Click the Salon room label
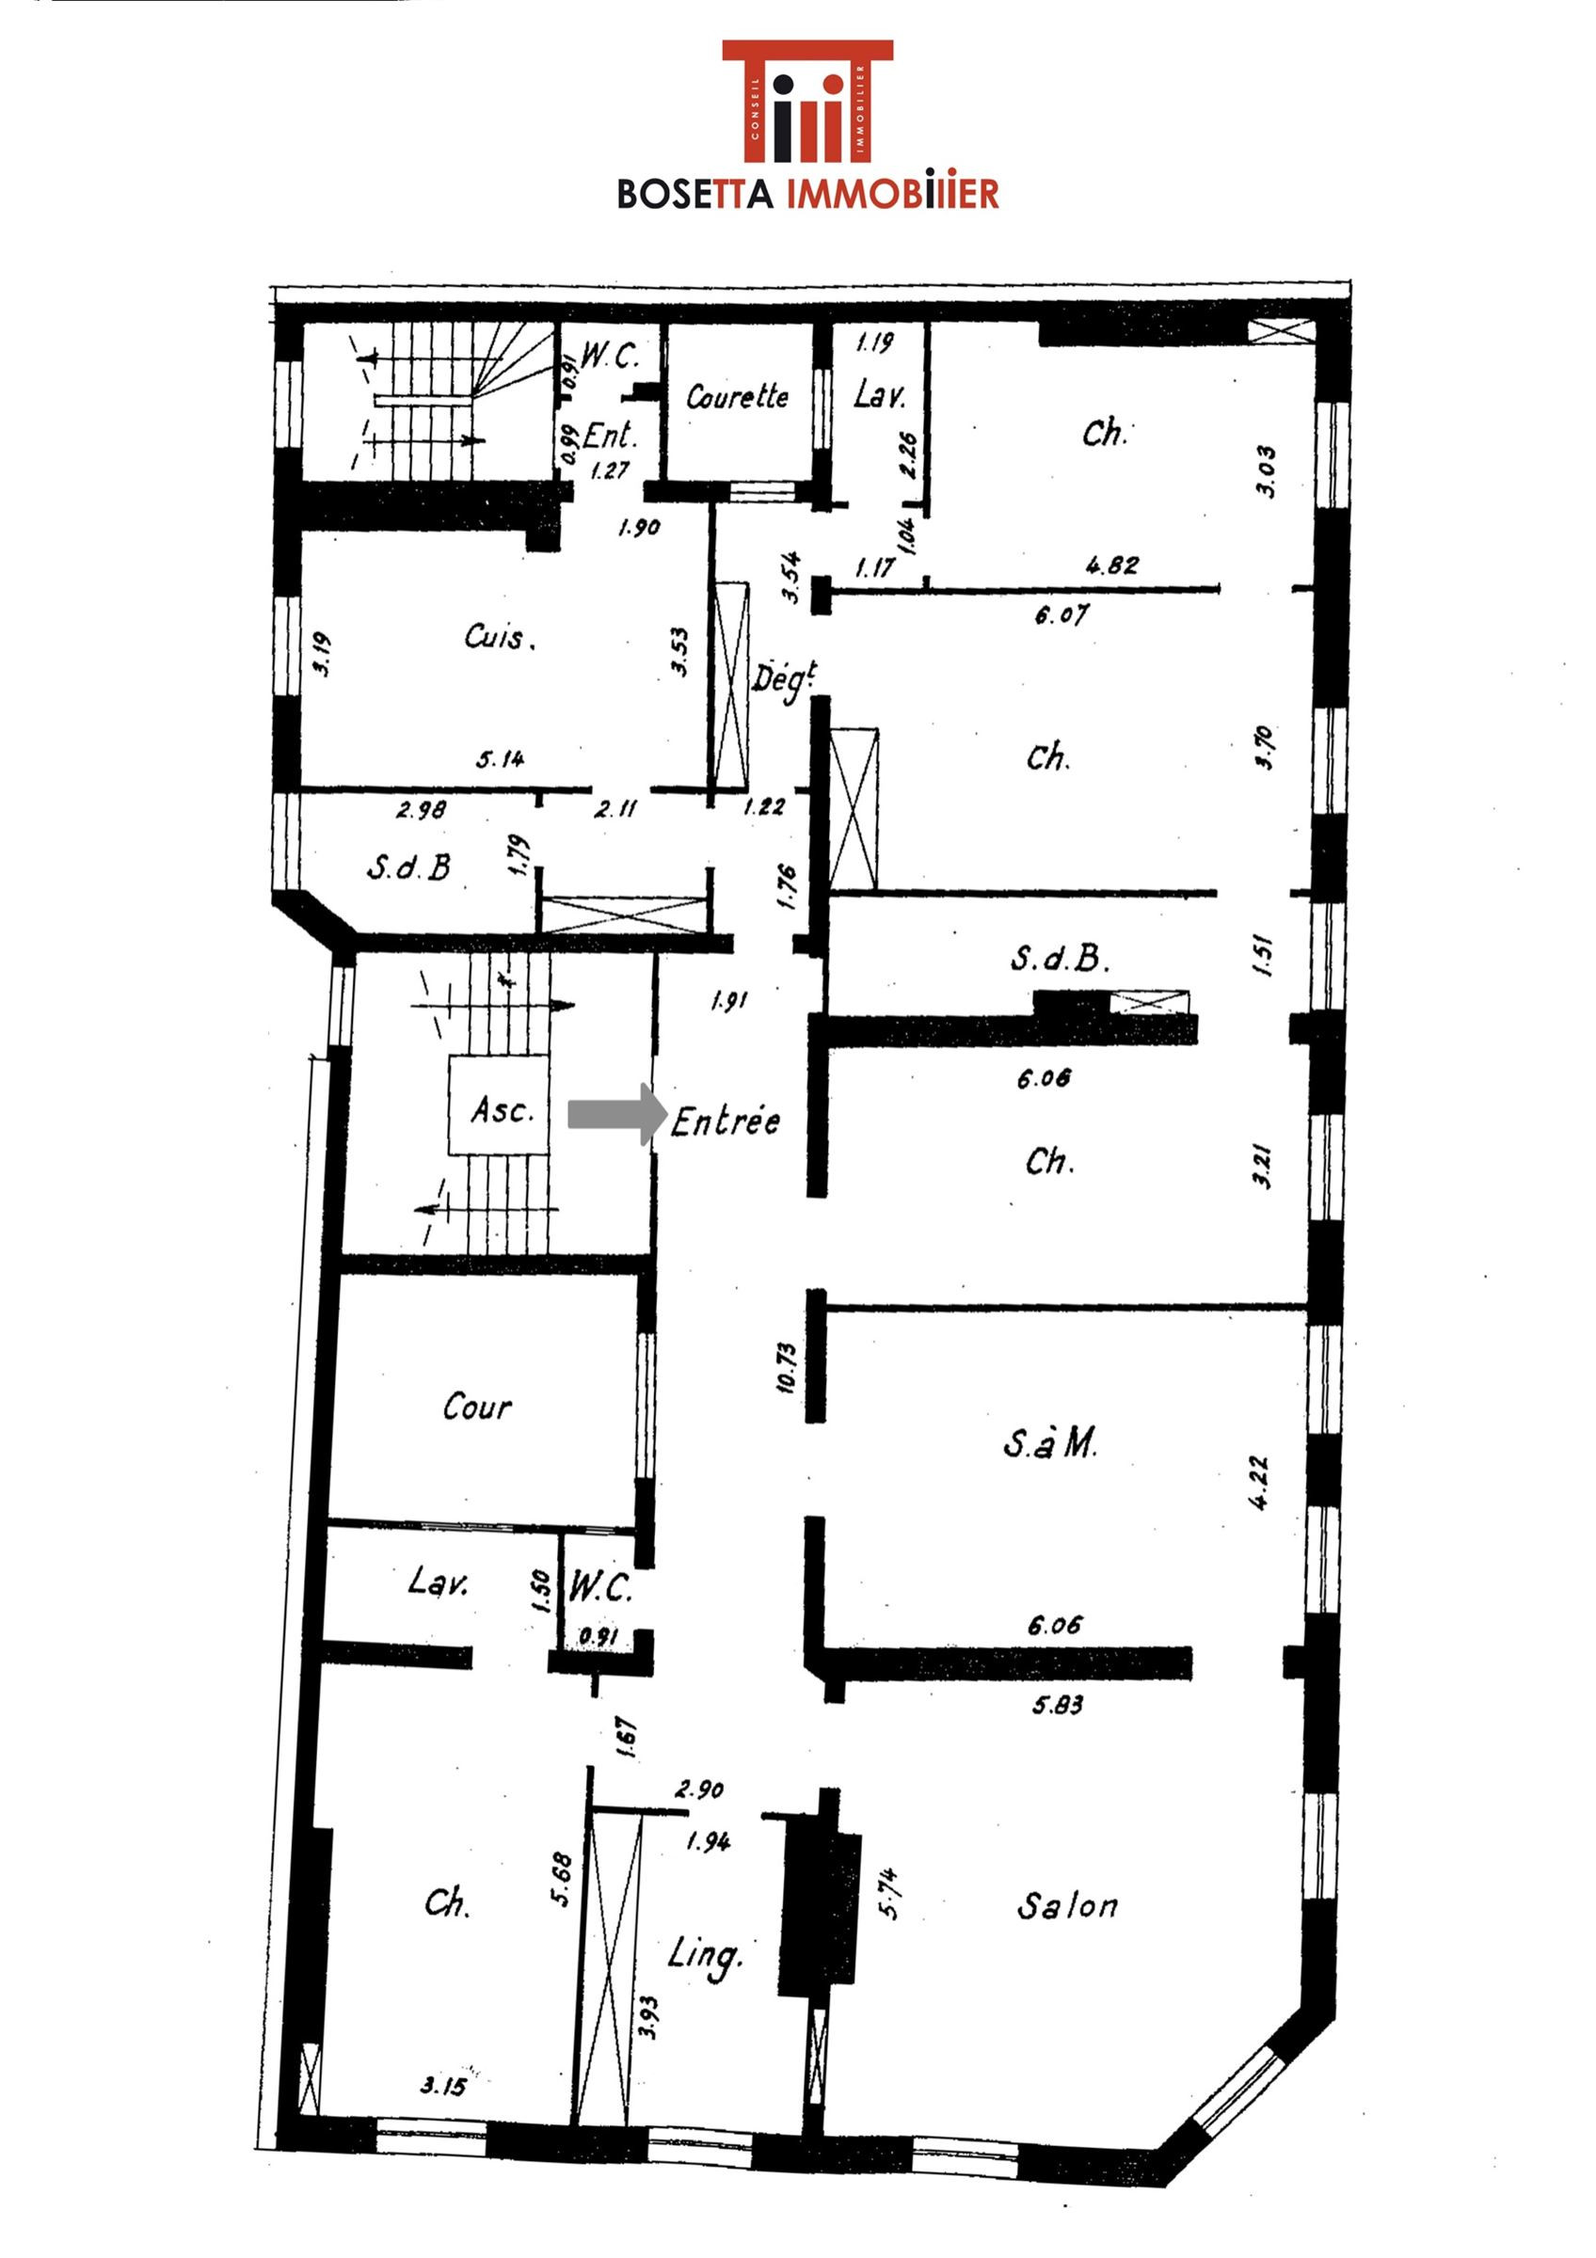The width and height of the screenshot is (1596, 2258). pyautogui.click(x=1067, y=1906)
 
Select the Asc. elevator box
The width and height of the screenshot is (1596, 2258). pyautogui.click(x=499, y=1106)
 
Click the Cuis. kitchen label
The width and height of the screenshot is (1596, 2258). pyautogui.click(x=500, y=637)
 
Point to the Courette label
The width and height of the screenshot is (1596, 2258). pyautogui.click(x=738, y=396)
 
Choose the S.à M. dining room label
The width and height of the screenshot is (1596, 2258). pyautogui.click(x=1050, y=1442)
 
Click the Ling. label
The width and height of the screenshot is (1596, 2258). pyautogui.click(x=704, y=1956)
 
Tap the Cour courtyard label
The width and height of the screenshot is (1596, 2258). pyautogui.click(x=477, y=1407)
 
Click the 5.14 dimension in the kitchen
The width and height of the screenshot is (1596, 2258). pyautogui.click(x=501, y=758)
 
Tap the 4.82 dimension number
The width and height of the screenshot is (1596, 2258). pyautogui.click(x=1112, y=565)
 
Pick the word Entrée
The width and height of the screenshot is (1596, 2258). pyautogui.click(x=726, y=1121)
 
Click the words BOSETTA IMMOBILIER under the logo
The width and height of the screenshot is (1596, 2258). pyautogui.click(x=807, y=193)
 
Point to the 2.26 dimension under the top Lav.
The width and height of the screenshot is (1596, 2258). pyautogui.click(x=909, y=454)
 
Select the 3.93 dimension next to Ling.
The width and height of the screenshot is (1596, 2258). pyautogui.click(x=647, y=2017)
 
